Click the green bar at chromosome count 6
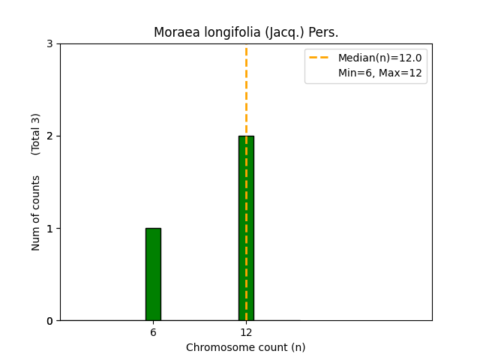coord(153,274)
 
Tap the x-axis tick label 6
coord(153,332)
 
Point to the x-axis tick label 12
coord(246,332)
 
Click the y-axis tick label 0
coord(49,321)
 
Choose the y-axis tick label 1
coord(49,229)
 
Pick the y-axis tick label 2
coord(49,136)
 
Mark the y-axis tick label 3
coord(49,44)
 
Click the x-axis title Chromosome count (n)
coord(246,347)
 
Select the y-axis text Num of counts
coord(36,213)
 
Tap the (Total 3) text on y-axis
coord(36,134)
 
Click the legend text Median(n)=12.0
coord(379,58)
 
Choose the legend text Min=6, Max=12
coord(379,73)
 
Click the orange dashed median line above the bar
coord(246,90)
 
